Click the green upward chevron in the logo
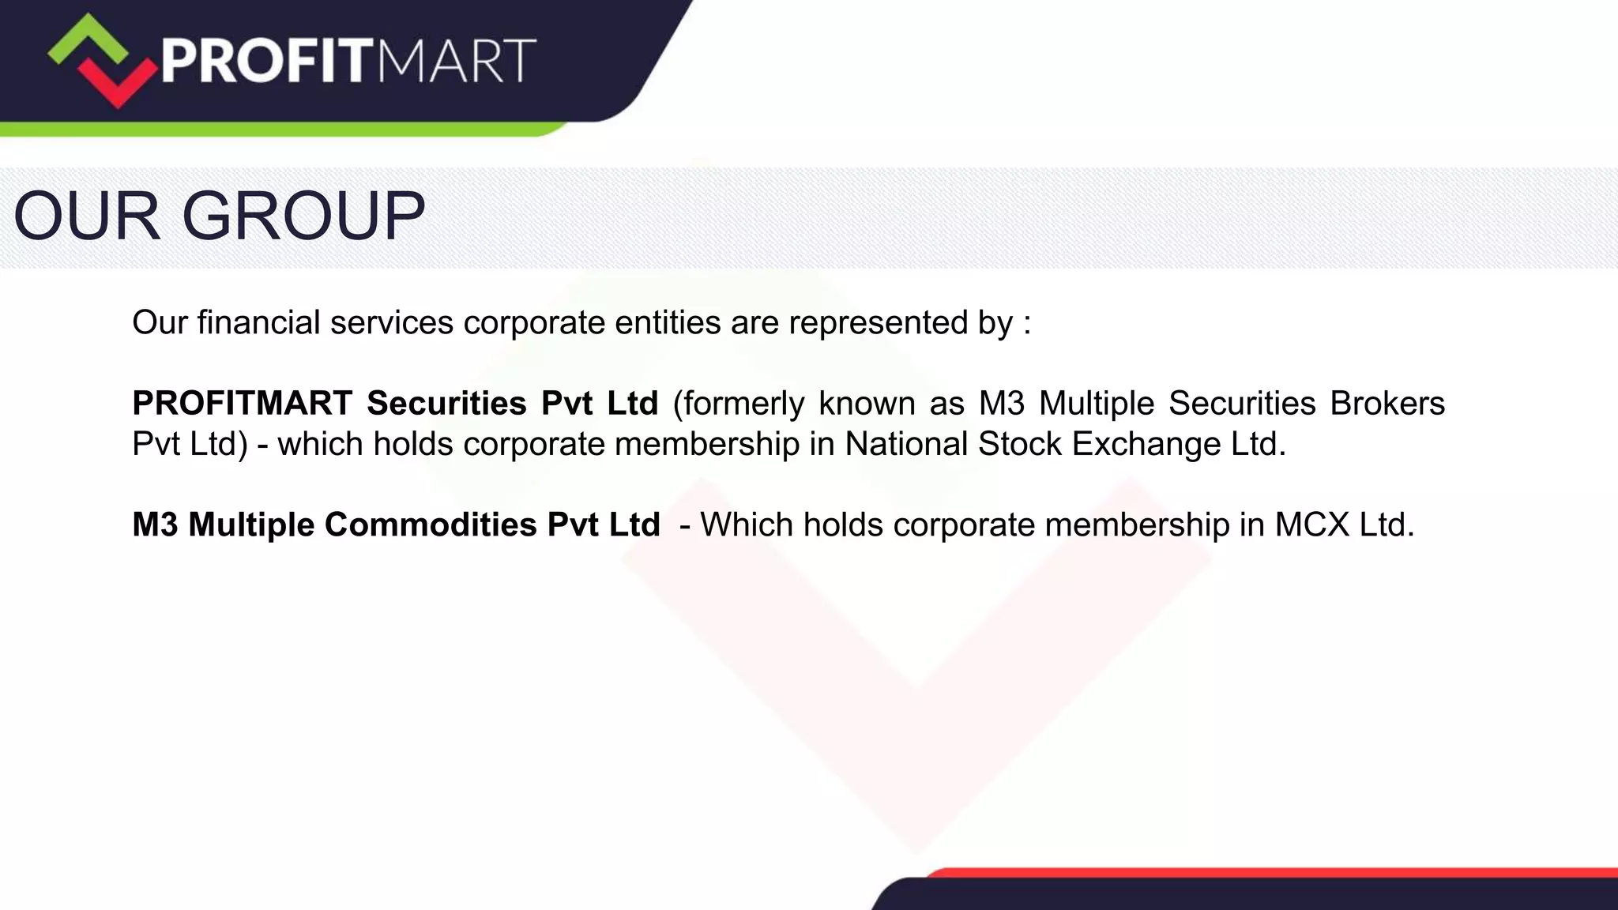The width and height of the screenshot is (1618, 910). tap(87, 39)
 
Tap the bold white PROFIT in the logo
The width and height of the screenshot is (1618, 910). tap(265, 61)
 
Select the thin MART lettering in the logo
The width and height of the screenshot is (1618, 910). tap(456, 61)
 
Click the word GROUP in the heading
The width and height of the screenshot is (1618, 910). tap(304, 216)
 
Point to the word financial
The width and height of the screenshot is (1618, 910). tap(258, 322)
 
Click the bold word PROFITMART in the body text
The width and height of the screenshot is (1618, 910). tap(242, 404)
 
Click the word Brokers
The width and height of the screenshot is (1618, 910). tap(1387, 404)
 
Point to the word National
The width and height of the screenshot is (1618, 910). tap(906, 444)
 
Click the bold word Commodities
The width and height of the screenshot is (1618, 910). tap(431, 525)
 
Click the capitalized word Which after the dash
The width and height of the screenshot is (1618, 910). tap(747, 525)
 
